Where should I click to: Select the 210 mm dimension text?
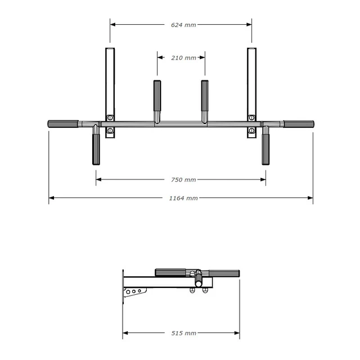(x=183, y=58)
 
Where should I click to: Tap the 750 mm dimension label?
(x=183, y=180)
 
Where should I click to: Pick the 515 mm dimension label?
(x=183, y=334)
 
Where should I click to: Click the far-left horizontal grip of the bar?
(x=62, y=124)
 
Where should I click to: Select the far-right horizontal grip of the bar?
(x=299, y=124)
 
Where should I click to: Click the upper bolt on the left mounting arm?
(x=110, y=118)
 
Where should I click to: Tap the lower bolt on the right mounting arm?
(x=251, y=130)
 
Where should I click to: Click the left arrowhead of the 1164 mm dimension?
(x=51, y=198)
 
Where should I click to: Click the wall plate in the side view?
(x=123, y=287)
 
